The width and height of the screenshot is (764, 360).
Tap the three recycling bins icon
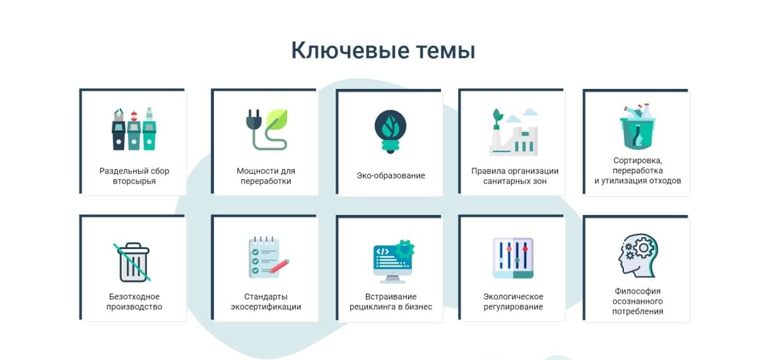tap(134, 129)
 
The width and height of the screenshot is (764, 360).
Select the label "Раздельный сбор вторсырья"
tap(134, 176)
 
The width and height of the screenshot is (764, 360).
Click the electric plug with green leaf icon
tap(267, 129)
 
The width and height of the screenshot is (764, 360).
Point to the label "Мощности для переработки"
tap(266, 176)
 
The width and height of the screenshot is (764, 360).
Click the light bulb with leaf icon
tap(390, 132)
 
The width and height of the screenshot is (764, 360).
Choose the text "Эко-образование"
tap(391, 175)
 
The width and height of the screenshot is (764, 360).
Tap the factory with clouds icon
tap(514, 132)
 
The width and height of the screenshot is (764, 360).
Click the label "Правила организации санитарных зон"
tap(515, 176)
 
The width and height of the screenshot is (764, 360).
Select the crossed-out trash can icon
tap(132, 262)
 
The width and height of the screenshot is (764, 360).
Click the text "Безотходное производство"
tap(134, 302)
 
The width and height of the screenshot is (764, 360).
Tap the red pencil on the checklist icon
tap(279, 267)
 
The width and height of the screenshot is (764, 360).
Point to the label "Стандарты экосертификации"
tap(266, 302)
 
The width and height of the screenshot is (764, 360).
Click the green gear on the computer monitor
tap(405, 248)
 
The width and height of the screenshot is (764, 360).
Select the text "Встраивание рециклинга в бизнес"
tap(391, 302)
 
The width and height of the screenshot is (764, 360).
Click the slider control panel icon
tap(514, 258)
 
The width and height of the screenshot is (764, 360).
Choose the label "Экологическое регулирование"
tap(514, 302)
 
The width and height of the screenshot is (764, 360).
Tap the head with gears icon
tap(638, 255)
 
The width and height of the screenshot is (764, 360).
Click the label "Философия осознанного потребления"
tap(637, 301)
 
